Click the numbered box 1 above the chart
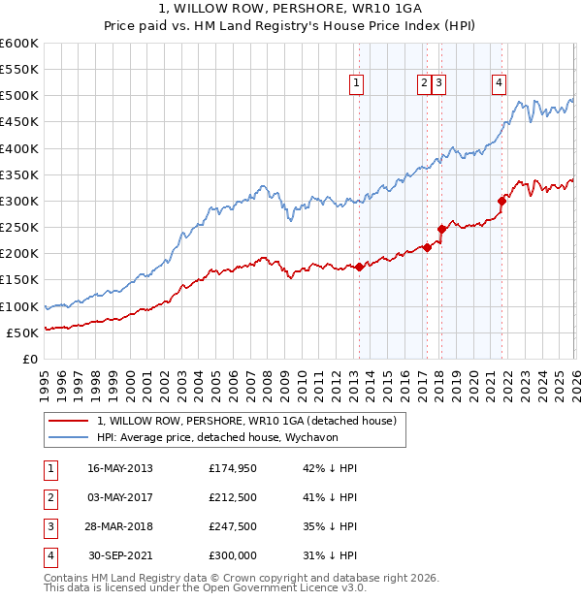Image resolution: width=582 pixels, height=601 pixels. [x=357, y=84]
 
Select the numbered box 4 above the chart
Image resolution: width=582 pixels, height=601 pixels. [x=499, y=84]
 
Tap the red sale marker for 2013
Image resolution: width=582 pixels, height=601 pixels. [x=359, y=267]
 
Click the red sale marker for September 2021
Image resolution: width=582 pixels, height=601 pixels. [x=502, y=202]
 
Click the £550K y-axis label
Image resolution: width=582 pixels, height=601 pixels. [x=19, y=70]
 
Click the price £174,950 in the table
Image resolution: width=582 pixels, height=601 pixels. [x=233, y=468]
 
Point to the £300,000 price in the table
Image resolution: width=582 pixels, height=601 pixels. [x=233, y=555]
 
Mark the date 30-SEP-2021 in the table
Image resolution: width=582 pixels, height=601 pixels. [x=120, y=555]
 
